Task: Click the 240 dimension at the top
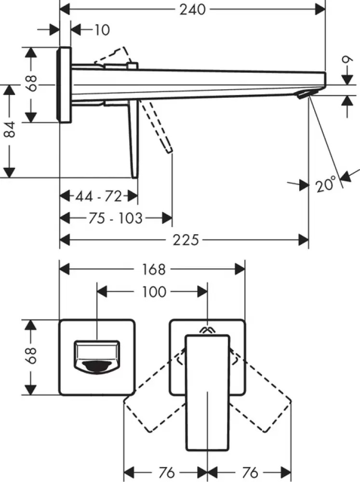(193, 9)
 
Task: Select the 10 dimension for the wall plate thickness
(101, 30)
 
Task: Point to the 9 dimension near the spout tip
(346, 61)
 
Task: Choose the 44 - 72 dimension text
(98, 196)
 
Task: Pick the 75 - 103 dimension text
(116, 218)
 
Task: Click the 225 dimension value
(187, 240)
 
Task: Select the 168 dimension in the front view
(153, 269)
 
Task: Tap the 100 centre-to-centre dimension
(154, 292)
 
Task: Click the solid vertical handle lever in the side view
(133, 140)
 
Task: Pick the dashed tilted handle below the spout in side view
(159, 127)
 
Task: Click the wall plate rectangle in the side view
(65, 84)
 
